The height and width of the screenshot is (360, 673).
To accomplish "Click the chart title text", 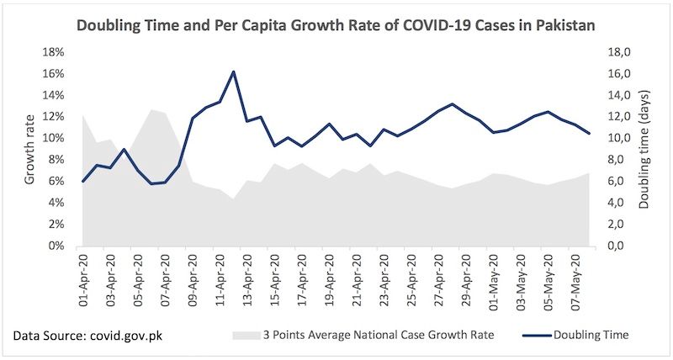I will [x=336, y=26].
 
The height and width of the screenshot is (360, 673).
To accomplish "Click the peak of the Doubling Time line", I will [x=232, y=71].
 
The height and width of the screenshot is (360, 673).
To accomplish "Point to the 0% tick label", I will [x=56, y=246].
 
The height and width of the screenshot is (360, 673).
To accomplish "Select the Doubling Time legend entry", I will [x=589, y=336].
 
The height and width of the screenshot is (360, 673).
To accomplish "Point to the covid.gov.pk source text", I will [x=125, y=336].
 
